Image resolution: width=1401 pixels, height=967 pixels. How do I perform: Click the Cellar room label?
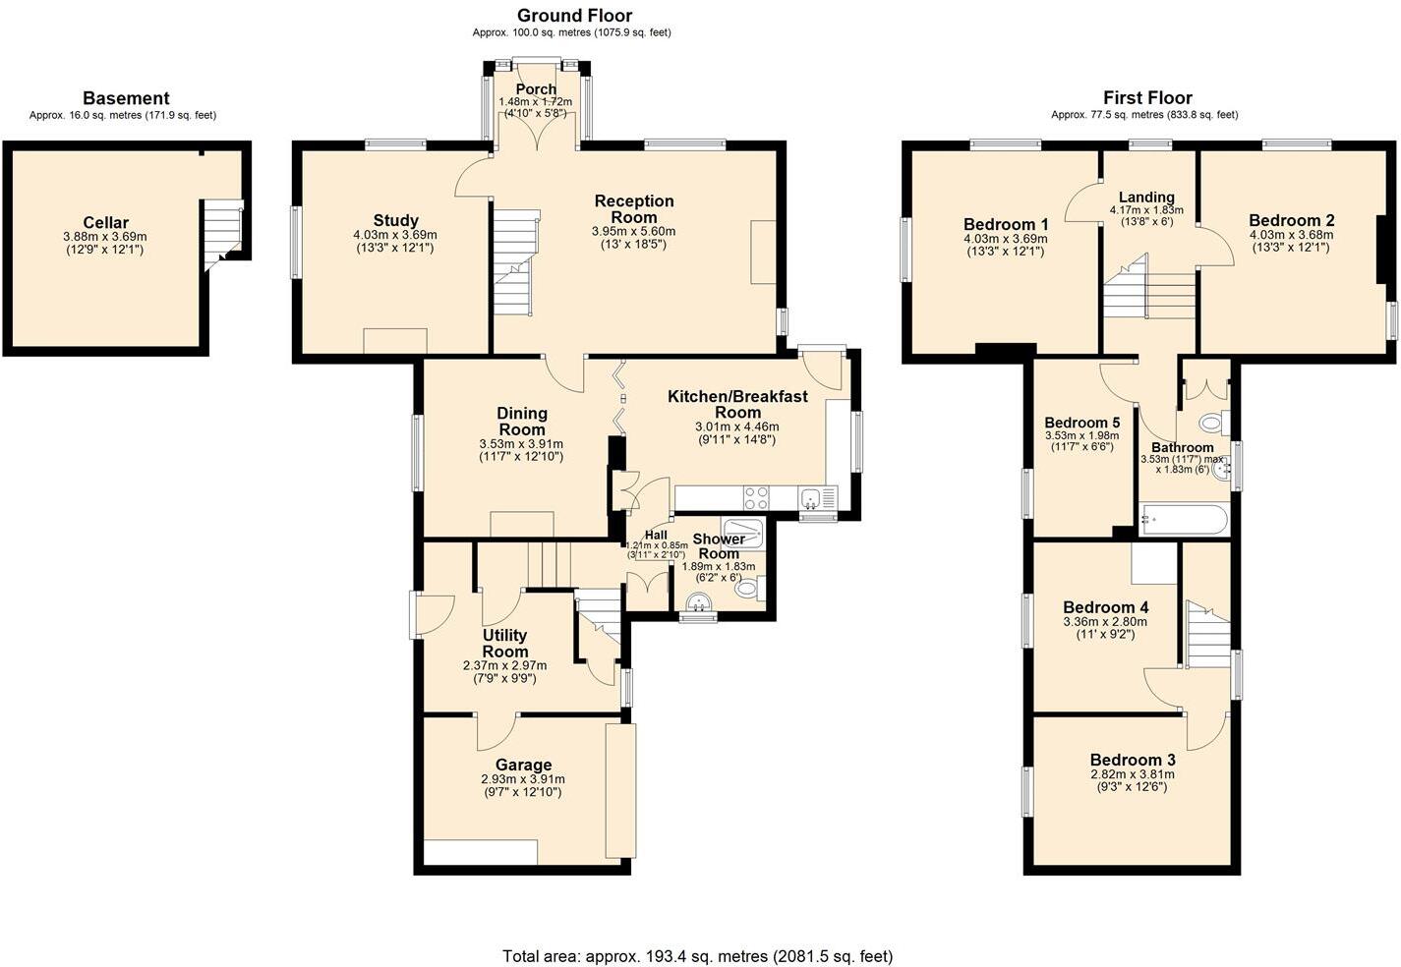(105, 223)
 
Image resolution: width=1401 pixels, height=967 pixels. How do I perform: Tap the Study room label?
(395, 220)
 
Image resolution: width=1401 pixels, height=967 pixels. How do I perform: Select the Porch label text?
(536, 89)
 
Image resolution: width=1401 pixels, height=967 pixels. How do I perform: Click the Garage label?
(523, 765)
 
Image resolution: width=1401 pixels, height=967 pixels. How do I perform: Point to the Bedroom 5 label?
(1081, 423)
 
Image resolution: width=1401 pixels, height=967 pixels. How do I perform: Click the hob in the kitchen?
(757, 497)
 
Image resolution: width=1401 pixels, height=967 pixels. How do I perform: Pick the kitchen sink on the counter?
(813, 497)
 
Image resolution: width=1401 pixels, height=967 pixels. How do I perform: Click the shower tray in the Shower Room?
(742, 533)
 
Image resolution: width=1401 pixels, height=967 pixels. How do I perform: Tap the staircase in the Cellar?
(222, 229)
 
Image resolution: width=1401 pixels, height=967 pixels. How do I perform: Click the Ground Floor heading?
(574, 15)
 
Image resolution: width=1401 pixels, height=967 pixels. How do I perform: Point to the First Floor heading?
(1146, 97)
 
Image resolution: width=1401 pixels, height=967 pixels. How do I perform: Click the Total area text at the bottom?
(697, 955)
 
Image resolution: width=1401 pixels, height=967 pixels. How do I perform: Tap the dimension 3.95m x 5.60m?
(634, 231)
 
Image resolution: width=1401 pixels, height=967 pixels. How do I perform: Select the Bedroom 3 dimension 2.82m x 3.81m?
(1132, 773)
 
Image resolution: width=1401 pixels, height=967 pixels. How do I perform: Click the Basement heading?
(126, 98)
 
